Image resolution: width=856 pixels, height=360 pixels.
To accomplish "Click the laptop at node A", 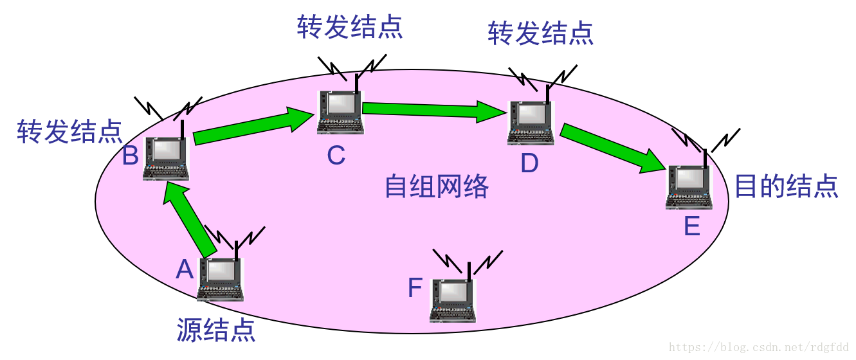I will point(221,280).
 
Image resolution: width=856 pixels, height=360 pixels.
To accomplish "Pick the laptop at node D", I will point(531,123).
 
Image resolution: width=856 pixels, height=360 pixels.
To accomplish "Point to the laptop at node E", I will point(689,187).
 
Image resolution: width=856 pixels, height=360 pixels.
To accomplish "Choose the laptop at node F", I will point(453,300).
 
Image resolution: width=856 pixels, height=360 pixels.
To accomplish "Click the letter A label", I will point(185,269).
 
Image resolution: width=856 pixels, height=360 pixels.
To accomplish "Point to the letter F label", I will point(415,289).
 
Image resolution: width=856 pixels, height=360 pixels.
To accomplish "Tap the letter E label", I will point(692,226).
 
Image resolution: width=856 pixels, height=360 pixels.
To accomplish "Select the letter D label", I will point(529,163).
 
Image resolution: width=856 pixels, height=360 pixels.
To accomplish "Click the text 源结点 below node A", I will point(216,330).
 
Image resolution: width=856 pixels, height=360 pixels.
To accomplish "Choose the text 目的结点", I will point(786,186).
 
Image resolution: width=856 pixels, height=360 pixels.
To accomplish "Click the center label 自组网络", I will point(437,186).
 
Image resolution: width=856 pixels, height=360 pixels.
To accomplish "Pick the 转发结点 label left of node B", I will point(69,131).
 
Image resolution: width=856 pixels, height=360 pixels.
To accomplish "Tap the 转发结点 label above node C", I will point(350,27).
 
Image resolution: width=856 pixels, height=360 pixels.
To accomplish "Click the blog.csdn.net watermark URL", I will point(758,348).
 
